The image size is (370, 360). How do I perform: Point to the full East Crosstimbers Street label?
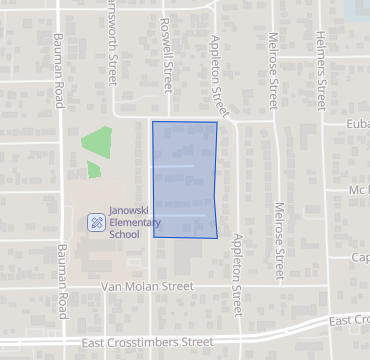pos(147,342)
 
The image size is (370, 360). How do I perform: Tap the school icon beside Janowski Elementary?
pos(95,221)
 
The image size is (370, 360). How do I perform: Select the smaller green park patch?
pos(93,169)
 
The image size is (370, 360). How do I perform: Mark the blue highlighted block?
pos(184,180)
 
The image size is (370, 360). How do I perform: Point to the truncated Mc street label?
pos(360,190)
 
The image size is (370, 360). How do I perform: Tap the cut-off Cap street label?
pos(360,257)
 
